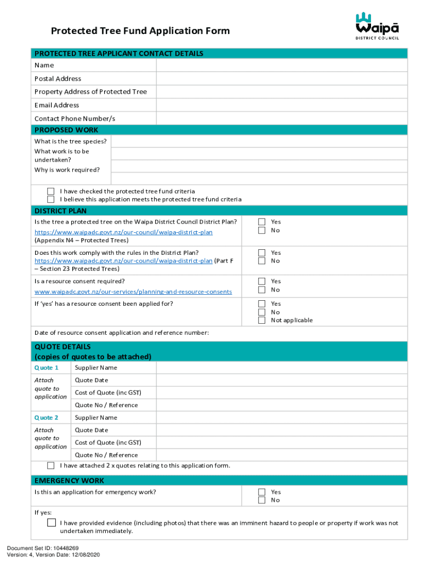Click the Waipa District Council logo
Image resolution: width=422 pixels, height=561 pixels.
point(377,25)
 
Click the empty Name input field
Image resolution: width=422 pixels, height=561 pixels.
point(282,65)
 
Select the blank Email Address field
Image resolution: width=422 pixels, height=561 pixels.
point(282,105)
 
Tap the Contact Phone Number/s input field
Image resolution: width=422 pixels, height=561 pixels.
point(282,118)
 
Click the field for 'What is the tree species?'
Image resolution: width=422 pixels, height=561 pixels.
point(259,141)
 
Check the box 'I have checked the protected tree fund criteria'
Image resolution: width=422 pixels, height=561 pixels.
point(51,191)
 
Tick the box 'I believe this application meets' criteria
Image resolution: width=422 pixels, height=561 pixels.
point(51,199)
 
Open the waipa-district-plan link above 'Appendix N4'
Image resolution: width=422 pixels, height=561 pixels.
point(123,232)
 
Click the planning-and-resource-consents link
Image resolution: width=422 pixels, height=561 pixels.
point(133,292)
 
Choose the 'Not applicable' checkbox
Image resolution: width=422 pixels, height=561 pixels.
point(262,320)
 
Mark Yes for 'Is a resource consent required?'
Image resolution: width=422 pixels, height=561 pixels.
point(262,281)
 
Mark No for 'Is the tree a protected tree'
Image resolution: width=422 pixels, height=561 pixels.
point(262,230)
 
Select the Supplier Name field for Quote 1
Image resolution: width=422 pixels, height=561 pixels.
point(282,368)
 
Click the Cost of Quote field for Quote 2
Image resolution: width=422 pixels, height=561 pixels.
point(282,443)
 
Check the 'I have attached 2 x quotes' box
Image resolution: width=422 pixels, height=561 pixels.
point(51,466)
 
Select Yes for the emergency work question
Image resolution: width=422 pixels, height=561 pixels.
point(262,492)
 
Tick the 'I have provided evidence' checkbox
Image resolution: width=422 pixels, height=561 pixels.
point(51,523)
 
